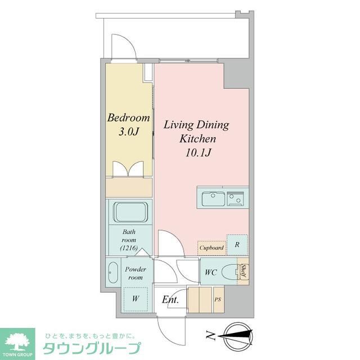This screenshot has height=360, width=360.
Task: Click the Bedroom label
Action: (129, 118)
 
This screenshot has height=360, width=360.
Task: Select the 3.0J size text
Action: (128, 132)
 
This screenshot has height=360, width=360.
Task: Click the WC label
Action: (211, 273)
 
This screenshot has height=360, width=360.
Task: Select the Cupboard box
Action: (211, 247)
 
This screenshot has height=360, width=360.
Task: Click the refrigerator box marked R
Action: (237, 244)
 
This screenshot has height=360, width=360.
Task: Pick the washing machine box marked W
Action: (135, 298)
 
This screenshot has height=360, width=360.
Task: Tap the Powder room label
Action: (136, 273)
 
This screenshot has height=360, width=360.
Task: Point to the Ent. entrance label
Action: (170, 300)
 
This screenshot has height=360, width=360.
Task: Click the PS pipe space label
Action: (218, 299)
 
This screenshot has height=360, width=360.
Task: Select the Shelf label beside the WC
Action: (244, 272)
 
